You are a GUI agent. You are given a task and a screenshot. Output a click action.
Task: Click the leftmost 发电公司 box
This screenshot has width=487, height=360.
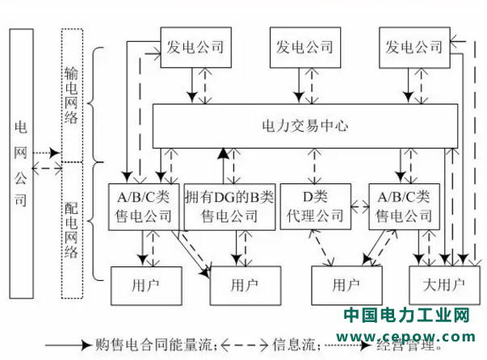tap(195, 48)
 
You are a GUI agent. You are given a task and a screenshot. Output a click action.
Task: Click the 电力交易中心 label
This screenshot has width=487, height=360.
tap(302, 126)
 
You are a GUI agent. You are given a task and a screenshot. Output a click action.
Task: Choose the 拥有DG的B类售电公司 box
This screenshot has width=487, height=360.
tap(229, 207)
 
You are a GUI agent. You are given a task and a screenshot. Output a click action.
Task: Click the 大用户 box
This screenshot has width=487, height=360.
tap(443, 284)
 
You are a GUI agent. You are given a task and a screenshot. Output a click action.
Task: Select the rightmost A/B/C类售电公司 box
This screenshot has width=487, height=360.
tap(403, 207)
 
